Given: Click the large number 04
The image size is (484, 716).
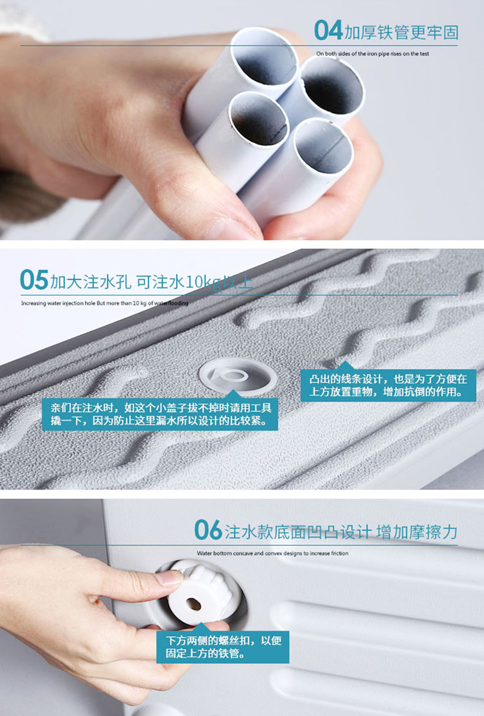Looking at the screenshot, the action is [x=328, y=30].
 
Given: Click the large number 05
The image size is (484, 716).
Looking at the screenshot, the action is [x=34, y=280].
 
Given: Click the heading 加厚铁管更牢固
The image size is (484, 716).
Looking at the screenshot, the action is [x=401, y=32].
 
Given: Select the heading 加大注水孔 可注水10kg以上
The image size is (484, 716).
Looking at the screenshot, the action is [x=152, y=282].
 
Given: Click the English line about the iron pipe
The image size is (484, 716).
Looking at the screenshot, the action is [x=373, y=54].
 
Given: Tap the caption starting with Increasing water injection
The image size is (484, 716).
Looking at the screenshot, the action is [x=105, y=303].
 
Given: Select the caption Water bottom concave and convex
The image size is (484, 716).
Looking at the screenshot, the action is [x=272, y=553].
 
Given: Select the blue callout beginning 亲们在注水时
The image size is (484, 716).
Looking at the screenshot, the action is [x=160, y=414].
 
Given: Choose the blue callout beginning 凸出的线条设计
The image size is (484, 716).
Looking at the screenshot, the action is [x=388, y=385].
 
